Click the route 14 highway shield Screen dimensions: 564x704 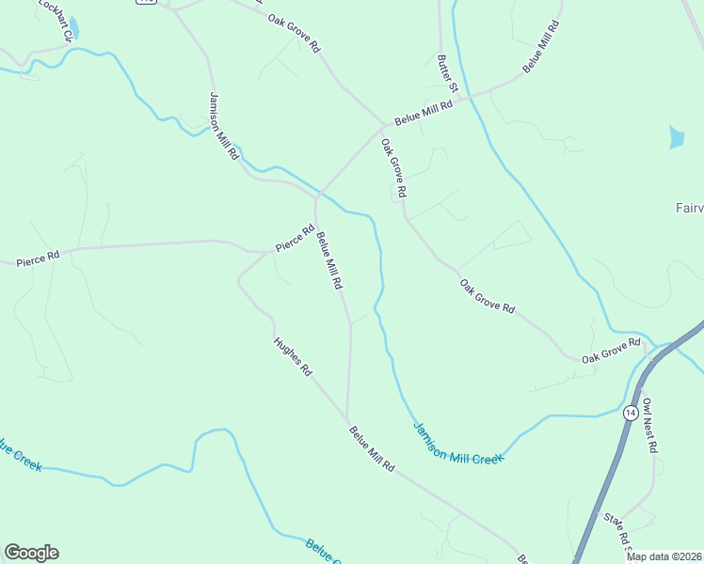pos(630,412)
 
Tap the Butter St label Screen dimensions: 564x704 pos(447,72)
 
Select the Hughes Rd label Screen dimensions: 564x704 pos(292,357)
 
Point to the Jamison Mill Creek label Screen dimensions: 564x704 pos(458,442)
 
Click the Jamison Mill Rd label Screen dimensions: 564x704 pos(224,126)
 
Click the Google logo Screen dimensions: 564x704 pos(31,553)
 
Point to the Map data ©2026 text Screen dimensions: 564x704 pos(664,556)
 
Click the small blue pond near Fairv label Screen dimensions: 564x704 pos(676,137)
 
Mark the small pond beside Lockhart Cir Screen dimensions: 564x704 pos(73,29)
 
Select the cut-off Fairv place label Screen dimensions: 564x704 pos(689,208)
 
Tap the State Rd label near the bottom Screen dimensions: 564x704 pos(617,532)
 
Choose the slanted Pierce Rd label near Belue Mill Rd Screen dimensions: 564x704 pos(294,237)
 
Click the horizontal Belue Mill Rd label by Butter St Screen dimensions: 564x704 pos(424,112)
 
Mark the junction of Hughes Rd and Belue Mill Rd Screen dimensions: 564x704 pos(347,421)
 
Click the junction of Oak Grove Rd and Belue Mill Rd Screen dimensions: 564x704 pos(384,125)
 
